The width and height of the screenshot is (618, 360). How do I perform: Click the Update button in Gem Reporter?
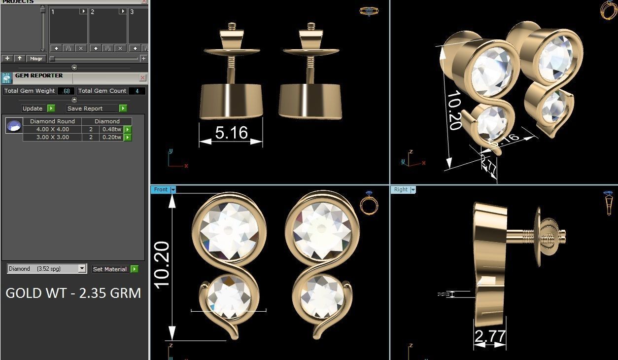point(33,108)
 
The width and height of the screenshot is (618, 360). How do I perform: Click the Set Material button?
point(110,269)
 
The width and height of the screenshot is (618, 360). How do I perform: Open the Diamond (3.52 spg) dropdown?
point(82,269)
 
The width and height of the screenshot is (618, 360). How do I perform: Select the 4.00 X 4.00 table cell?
point(52,129)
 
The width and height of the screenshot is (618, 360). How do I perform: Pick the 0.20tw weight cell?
point(111,138)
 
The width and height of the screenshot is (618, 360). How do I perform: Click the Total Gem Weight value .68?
point(66,91)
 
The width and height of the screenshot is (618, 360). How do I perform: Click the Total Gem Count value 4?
point(137,91)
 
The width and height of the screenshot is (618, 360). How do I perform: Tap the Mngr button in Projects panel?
point(36,58)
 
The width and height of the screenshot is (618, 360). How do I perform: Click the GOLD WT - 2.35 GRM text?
point(73,293)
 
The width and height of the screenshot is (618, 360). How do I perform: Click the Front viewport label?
point(161,189)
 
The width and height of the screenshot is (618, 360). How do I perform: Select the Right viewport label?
point(401,189)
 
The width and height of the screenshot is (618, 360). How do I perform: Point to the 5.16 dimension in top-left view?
point(231,132)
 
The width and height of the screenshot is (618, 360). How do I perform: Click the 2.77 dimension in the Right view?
point(490,336)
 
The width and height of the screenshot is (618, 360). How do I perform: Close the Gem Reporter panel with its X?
point(142,78)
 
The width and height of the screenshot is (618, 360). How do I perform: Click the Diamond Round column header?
point(52,121)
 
